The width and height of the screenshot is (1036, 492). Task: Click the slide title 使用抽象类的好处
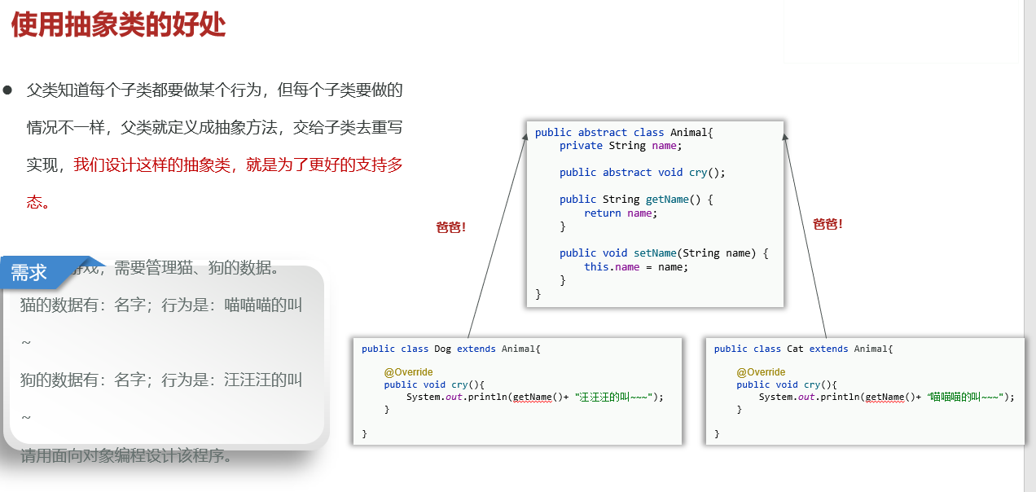tap(118, 25)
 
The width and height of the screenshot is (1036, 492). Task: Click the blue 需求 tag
tap(30, 273)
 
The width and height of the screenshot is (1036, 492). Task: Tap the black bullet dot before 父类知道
tap(8, 90)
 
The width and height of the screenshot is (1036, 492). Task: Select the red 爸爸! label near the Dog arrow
tap(450, 227)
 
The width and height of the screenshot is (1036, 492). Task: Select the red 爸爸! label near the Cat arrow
tap(827, 224)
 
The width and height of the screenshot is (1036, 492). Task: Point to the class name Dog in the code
tap(442, 349)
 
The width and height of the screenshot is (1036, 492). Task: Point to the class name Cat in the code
tap(795, 349)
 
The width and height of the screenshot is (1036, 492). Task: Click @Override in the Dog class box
tap(408, 372)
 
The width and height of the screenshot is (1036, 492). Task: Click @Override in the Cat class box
tap(761, 372)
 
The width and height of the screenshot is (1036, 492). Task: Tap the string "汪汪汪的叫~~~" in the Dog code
tap(613, 397)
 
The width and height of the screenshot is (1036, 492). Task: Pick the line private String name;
tap(621, 146)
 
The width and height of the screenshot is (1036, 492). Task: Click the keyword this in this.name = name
tap(596, 267)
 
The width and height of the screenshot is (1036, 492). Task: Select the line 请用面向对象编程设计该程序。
tap(126, 455)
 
